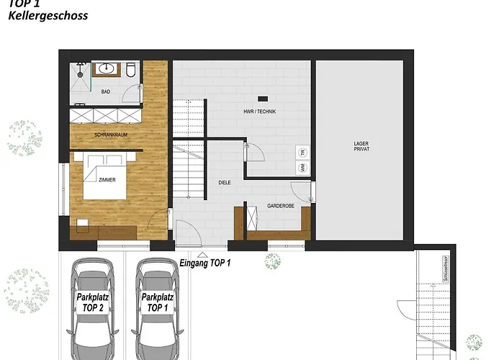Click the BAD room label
click(106, 91)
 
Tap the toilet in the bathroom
click(130, 71)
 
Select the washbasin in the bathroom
click(105, 69)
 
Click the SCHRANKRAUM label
click(109, 135)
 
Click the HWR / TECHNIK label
click(260, 112)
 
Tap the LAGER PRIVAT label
click(361, 146)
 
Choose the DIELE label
click(225, 183)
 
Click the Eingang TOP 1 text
click(205, 264)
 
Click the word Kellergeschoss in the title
click(48, 15)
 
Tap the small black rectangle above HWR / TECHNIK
click(263, 98)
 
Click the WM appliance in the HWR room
click(302, 168)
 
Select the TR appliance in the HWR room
click(302, 152)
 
